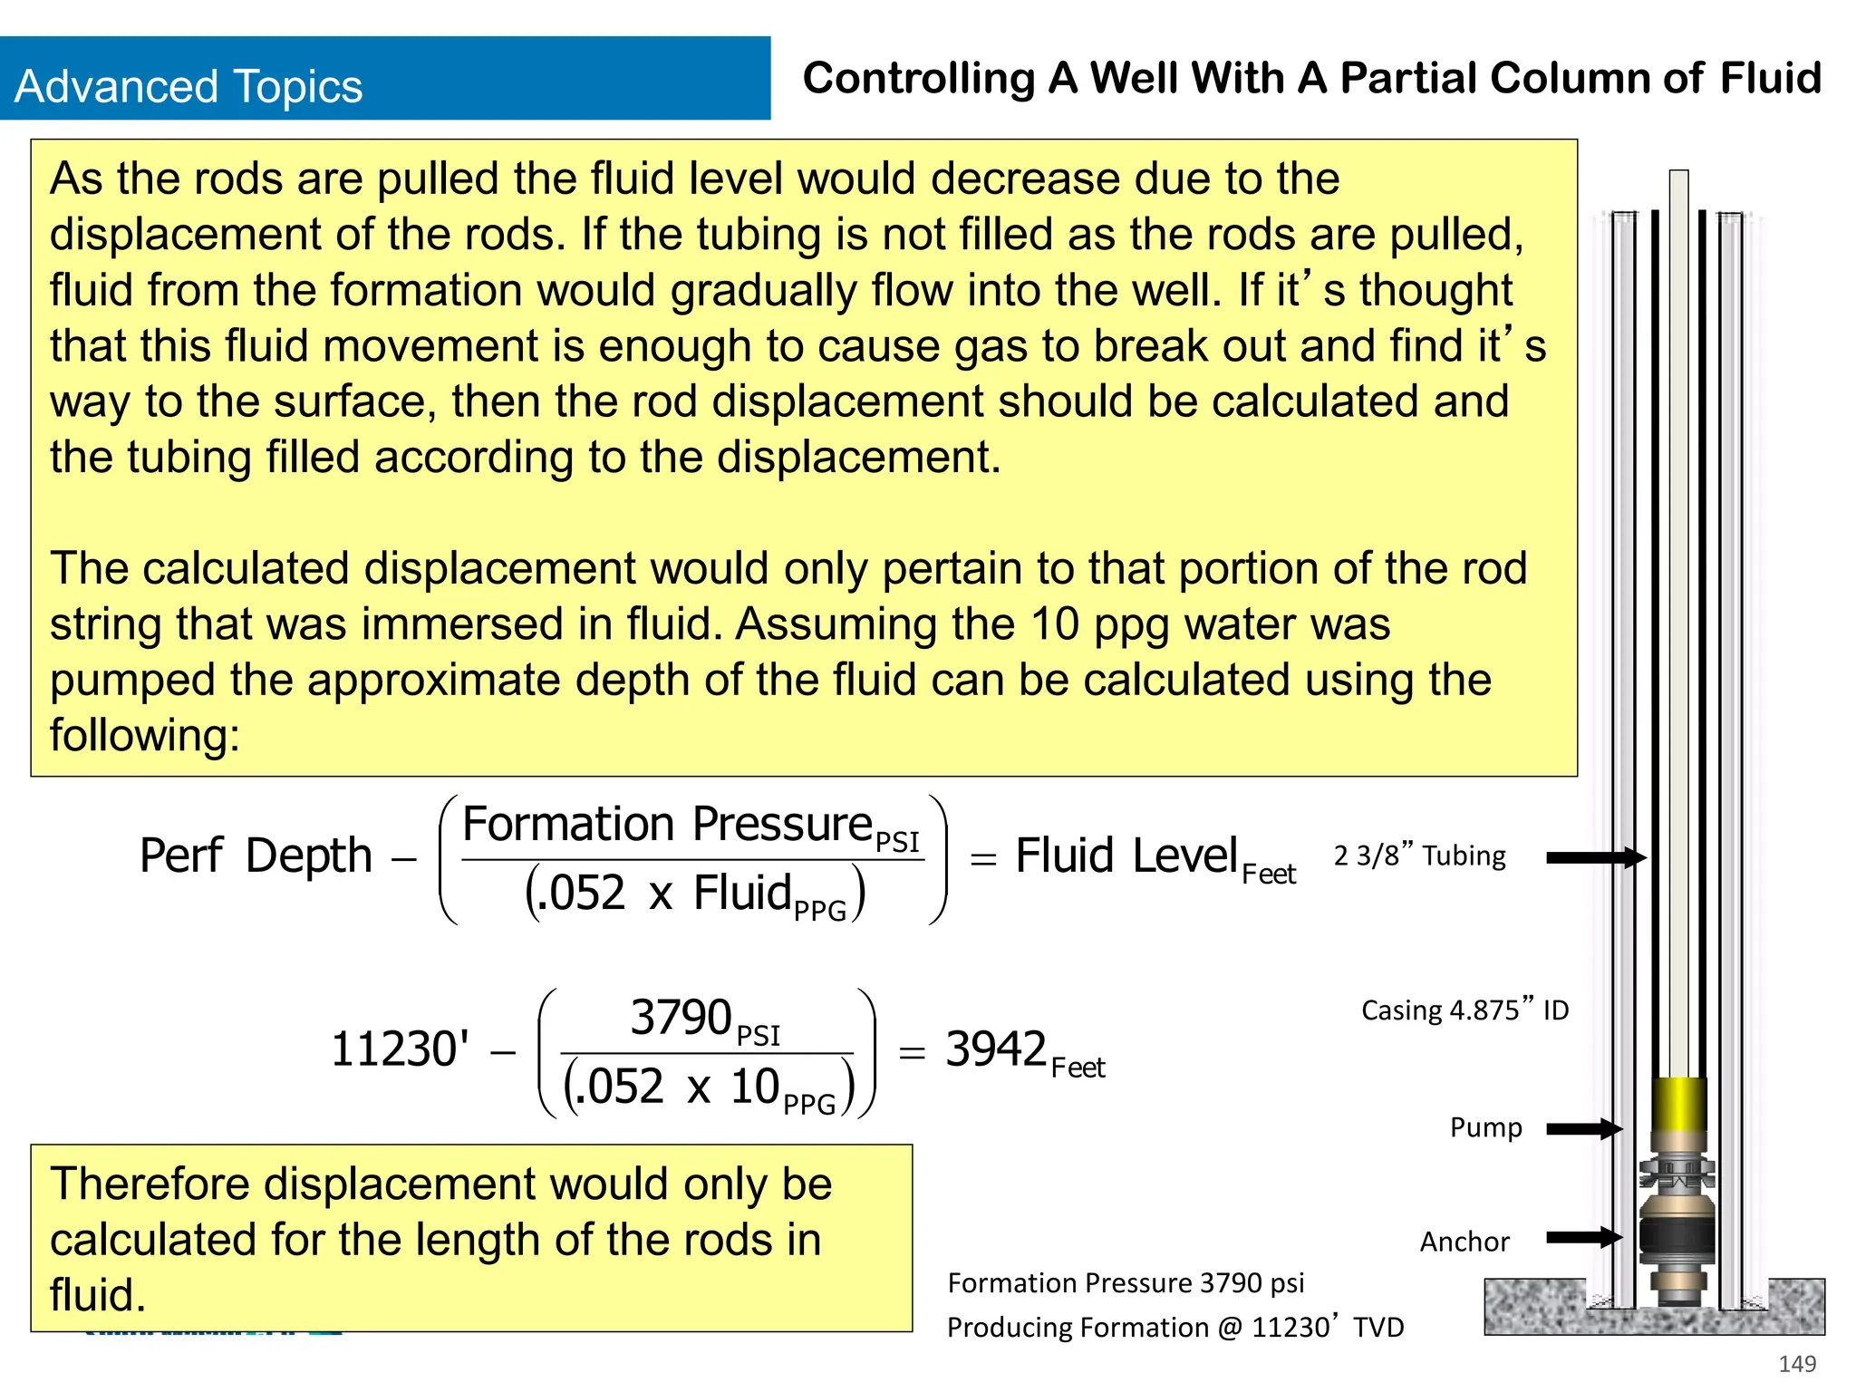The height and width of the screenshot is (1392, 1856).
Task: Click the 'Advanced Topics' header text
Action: pos(188,87)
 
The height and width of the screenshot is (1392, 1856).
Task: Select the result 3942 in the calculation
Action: pos(996,1049)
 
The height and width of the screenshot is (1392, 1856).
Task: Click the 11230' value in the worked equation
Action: pos(400,1049)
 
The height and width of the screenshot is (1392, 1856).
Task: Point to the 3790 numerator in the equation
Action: pos(681,1017)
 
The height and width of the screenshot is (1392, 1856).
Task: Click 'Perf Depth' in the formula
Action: pos(256,855)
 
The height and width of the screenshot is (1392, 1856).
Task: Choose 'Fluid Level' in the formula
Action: pos(1126,855)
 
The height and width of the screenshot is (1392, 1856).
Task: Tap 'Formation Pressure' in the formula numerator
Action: pos(667,825)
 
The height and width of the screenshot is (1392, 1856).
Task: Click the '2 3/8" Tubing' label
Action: pos(1419,855)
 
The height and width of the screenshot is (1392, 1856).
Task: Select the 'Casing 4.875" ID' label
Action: pos(1464,1010)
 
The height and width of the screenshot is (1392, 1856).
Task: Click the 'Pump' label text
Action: pos(1485,1127)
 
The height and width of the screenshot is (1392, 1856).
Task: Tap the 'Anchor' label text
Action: pos(1464,1242)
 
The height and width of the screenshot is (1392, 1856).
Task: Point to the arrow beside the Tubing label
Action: pos(1595,857)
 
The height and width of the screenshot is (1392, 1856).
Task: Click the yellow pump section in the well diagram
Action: pos(1679,1102)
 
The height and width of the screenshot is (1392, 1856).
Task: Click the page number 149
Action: pos(1797,1363)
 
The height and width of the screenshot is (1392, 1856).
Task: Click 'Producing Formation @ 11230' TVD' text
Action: pos(1174,1328)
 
